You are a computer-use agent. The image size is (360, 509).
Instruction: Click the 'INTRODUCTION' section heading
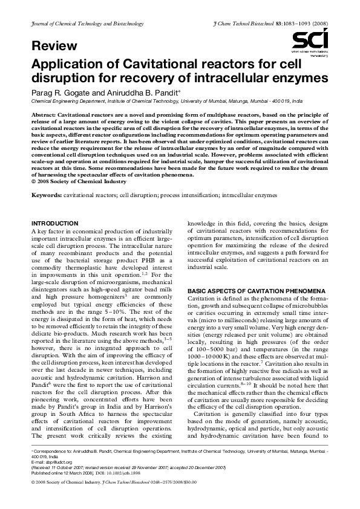[x=54, y=224]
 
